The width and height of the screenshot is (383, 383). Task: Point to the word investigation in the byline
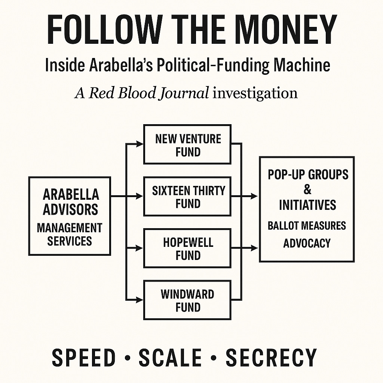[x=255, y=93]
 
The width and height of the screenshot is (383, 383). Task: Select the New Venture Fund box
[x=187, y=145]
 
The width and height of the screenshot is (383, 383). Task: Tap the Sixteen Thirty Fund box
[x=187, y=197]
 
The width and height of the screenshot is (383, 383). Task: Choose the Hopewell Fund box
[x=187, y=248]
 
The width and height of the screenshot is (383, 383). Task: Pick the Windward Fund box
[x=187, y=300]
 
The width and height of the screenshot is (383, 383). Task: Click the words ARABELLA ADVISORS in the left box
[x=70, y=202]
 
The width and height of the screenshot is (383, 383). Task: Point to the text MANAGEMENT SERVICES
[x=70, y=234]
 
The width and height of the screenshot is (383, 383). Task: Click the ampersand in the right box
[x=307, y=190]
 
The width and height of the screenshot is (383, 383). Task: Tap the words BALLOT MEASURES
[x=307, y=226]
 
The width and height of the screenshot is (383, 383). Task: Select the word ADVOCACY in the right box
[x=307, y=243]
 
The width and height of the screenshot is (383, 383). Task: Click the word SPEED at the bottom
[x=84, y=357]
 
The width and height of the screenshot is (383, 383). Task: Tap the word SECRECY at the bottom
[x=271, y=357]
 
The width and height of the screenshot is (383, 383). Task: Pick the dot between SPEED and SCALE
[x=128, y=358]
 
